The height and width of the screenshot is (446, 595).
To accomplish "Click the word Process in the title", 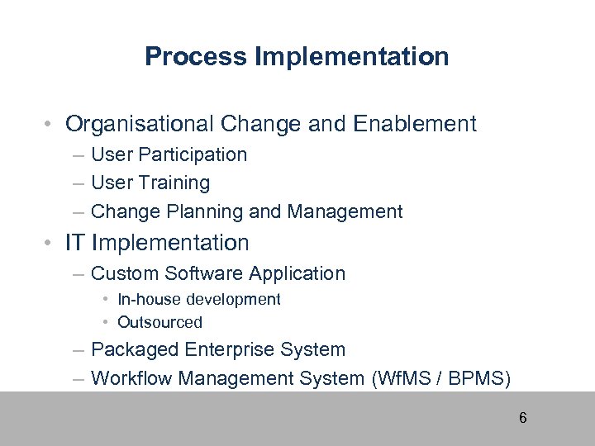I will pos(196,57).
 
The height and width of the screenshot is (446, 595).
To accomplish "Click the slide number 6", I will pos(522,418).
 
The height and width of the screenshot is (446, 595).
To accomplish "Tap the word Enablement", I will pos(414,124).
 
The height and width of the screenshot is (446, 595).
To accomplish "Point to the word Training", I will pos(174,183).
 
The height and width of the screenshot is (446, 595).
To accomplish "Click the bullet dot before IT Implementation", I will pos(51,243).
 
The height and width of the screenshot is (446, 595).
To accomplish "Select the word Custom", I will pos(126,273).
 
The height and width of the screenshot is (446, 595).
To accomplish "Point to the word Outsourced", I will pos(159,323).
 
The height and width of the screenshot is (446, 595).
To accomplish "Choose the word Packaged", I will pos(135,349).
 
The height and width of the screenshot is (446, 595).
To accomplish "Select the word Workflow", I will pos(130,378).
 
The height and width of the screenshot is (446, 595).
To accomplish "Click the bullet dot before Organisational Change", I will pos(51,125).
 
